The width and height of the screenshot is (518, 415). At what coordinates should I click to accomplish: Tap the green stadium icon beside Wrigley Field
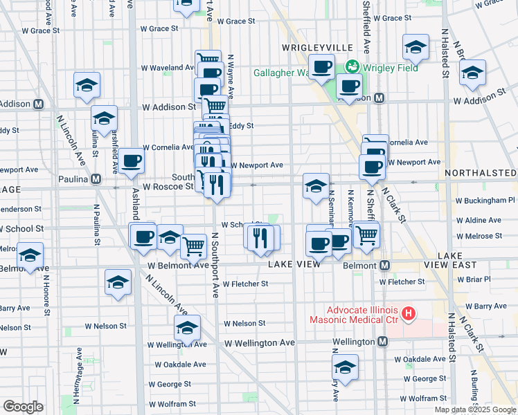pyautogui.click(x=353, y=67)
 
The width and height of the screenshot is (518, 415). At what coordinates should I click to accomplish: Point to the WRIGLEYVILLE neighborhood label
pyautogui.click(x=318, y=47)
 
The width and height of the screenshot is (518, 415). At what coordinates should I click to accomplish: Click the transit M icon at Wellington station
pyautogui.click(x=382, y=342)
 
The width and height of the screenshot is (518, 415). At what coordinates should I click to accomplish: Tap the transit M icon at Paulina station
pyautogui.click(x=96, y=178)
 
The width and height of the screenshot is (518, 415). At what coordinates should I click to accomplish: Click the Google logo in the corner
pyautogui.click(x=23, y=407)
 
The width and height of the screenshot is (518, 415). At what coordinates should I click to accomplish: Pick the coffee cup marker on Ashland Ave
pyautogui.click(x=131, y=162)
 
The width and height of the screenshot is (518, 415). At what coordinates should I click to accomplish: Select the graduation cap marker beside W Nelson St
pyautogui.click(x=187, y=329)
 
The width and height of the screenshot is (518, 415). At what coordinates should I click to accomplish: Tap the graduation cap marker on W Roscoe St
pyautogui.click(x=316, y=185)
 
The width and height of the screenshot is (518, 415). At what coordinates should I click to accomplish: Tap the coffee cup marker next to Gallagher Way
pyautogui.click(x=321, y=68)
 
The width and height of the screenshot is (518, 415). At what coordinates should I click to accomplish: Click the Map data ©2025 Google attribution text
pyautogui.click(x=474, y=409)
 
